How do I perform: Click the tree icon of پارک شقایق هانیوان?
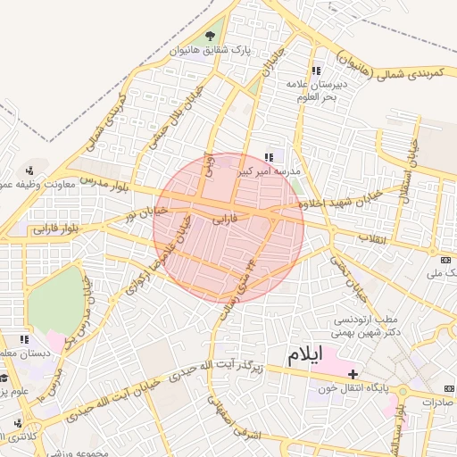tap(210, 36)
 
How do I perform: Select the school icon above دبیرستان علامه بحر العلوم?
tap(316, 71)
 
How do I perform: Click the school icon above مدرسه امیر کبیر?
tap(270, 157)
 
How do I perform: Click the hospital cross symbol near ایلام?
tap(353, 373)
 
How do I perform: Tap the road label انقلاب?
tap(370, 238)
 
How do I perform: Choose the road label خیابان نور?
tap(140, 212)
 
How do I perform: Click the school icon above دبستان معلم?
tap(24, 339)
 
